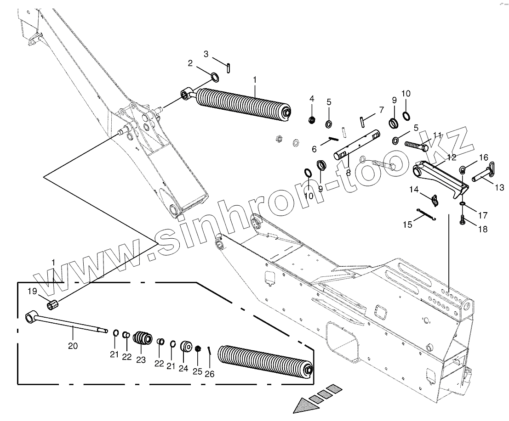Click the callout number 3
[x=206, y=54]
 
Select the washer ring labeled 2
[x=215, y=76]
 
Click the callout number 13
[x=500, y=187]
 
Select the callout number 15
[x=407, y=224]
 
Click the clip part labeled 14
[x=435, y=200]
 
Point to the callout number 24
[x=183, y=368]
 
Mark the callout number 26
[x=210, y=374]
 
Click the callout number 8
[x=348, y=173]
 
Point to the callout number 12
[x=451, y=157]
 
